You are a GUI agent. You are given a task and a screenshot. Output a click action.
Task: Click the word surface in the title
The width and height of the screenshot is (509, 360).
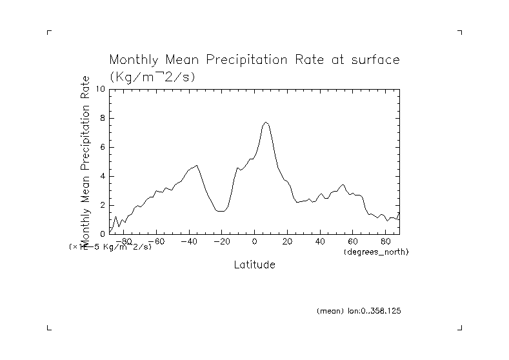(x=373, y=61)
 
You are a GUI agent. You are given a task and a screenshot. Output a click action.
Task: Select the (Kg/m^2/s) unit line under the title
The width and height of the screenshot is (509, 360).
(x=153, y=76)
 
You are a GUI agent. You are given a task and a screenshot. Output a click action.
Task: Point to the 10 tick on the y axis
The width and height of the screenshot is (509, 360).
(x=100, y=89)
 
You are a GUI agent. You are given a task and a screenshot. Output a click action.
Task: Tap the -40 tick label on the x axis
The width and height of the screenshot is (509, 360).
(x=188, y=241)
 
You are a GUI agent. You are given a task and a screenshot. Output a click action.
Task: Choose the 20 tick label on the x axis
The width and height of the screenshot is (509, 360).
(x=288, y=241)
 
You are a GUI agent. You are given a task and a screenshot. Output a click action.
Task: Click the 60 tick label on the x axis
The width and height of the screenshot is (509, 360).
(x=354, y=241)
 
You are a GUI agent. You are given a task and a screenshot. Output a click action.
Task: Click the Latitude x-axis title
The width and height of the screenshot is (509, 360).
(x=254, y=265)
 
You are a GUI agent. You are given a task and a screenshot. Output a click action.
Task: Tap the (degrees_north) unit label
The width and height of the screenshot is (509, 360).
(x=376, y=251)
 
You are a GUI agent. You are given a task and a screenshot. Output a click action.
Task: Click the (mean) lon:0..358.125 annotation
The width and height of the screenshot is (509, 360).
(x=359, y=311)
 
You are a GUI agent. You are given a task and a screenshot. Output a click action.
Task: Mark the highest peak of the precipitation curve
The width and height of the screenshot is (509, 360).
(x=266, y=122)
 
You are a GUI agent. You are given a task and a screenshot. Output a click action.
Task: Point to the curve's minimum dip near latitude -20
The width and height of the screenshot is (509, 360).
(x=221, y=211)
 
